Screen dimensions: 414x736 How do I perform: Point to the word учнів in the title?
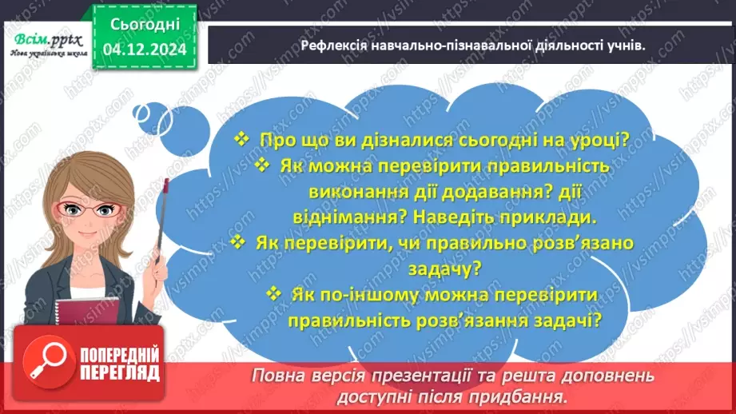pos(625,46)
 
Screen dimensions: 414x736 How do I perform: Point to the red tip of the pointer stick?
pos(166,185)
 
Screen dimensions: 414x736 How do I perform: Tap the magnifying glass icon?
pos(38,364)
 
